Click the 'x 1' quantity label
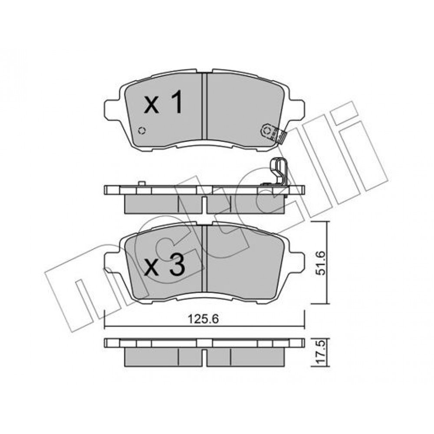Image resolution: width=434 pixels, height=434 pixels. pyautogui.click(x=163, y=102)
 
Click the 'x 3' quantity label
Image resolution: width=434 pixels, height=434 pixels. pyautogui.click(x=164, y=265)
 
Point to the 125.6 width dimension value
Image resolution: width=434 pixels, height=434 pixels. pyautogui.click(x=203, y=319)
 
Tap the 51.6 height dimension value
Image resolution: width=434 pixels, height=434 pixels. pyautogui.click(x=321, y=263)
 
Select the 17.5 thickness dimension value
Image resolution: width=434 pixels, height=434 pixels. pyautogui.click(x=321, y=352)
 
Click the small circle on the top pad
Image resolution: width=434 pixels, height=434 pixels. pyautogui.click(x=142, y=130)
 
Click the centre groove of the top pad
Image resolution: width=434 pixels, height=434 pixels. pyautogui.click(x=204, y=106)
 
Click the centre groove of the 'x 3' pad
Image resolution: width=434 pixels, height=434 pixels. pyautogui.click(x=204, y=258)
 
